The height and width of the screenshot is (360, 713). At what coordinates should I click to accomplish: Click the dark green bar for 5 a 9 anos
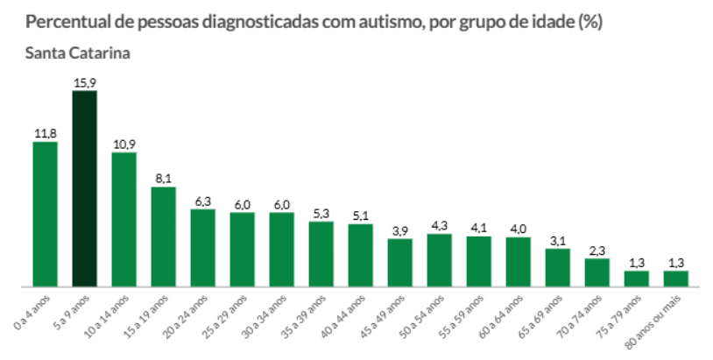84,188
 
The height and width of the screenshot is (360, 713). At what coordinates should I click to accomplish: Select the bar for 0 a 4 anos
45,214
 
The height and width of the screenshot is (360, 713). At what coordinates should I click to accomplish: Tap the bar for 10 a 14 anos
124,219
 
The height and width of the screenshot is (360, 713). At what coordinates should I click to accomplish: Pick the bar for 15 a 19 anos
163,236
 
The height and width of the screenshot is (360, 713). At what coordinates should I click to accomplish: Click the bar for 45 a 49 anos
399,262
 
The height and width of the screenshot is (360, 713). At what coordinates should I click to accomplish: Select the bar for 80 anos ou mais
675,278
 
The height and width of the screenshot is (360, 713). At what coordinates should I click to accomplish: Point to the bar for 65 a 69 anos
557,267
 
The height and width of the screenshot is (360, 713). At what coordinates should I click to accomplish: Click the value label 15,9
84,82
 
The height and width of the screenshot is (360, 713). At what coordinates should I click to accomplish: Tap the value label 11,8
46,133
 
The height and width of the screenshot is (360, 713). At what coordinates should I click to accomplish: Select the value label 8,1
164,179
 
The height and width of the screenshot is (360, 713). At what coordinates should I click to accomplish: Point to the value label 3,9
399,230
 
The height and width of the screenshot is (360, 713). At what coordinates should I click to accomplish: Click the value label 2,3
597,251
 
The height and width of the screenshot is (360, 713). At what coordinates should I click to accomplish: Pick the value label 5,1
360,215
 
